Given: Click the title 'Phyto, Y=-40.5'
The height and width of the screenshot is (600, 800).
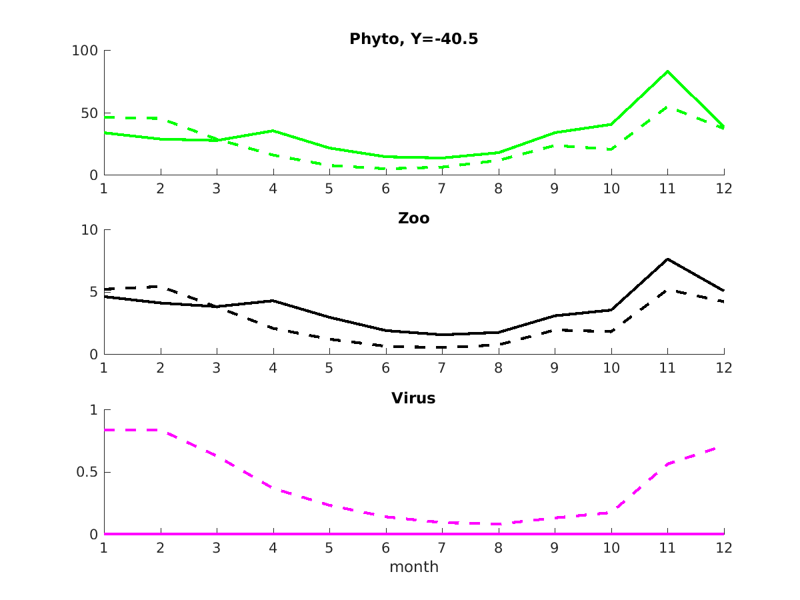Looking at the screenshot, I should coord(413,39).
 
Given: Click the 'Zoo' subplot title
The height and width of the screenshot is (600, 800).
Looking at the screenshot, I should coord(413,219).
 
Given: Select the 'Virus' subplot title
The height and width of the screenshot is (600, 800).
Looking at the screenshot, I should coord(413,399).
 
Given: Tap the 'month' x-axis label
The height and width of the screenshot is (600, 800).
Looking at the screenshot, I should coord(413,567).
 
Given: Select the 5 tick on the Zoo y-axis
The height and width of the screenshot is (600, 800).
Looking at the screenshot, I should coord(93,293).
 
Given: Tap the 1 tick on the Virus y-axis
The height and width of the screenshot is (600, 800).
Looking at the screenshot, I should coord(93,410).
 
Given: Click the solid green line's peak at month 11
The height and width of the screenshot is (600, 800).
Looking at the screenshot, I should coord(667,71).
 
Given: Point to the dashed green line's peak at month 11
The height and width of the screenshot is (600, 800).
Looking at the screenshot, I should coord(667,107).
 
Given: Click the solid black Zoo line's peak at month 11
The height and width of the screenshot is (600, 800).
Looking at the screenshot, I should coord(667,259).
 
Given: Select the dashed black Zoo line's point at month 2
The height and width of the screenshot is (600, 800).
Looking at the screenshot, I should coord(160,287).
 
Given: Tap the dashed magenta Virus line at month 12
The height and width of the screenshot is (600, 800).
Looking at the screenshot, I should coord(723,446).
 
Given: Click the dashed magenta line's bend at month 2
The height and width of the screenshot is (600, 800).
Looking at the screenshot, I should coord(160,430).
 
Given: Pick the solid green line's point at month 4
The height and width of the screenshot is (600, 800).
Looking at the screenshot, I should coord(273,131).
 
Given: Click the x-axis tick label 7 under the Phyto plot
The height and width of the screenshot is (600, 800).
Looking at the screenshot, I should coord(442,189).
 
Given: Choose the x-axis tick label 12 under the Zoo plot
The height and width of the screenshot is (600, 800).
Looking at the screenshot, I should coord(724,368).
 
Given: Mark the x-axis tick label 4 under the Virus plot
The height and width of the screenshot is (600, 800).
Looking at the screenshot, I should coord(273,548).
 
